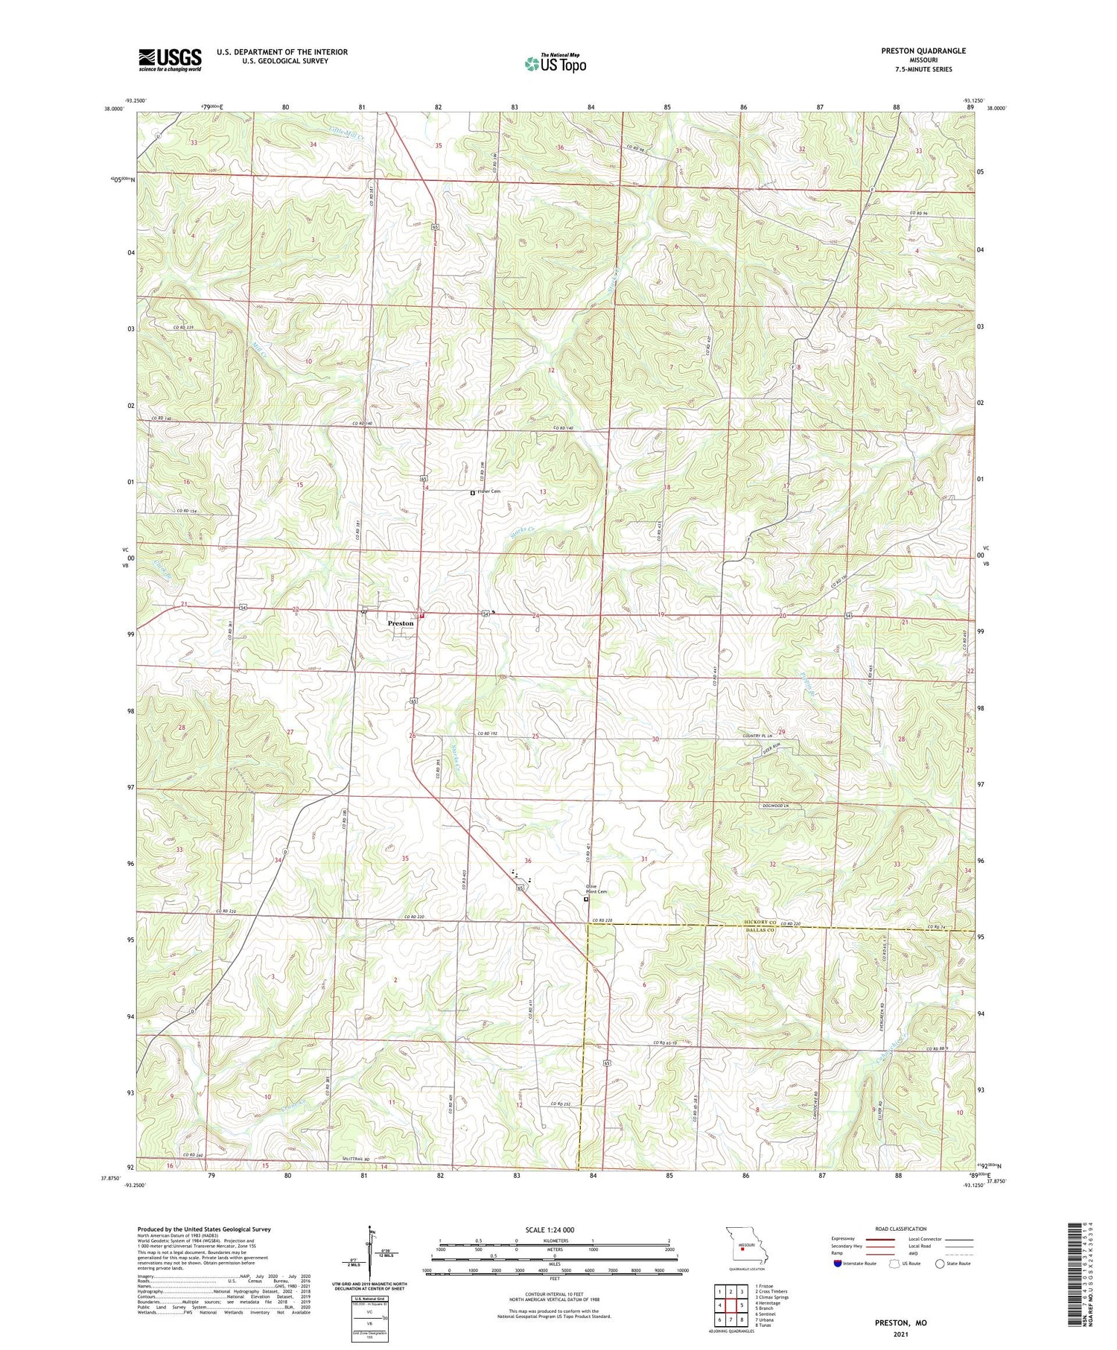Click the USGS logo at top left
point(170,60)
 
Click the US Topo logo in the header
point(555,63)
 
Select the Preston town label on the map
point(400,623)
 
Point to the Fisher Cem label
point(489,491)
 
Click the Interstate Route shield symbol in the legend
point(838,1264)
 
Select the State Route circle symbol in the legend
point(940,1264)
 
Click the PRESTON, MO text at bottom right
point(901,1322)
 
